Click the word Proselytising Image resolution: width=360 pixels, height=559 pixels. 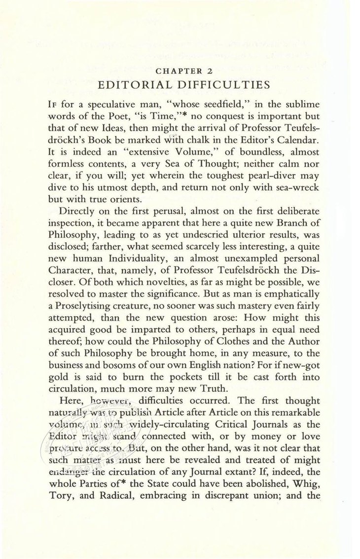(103, 295)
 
